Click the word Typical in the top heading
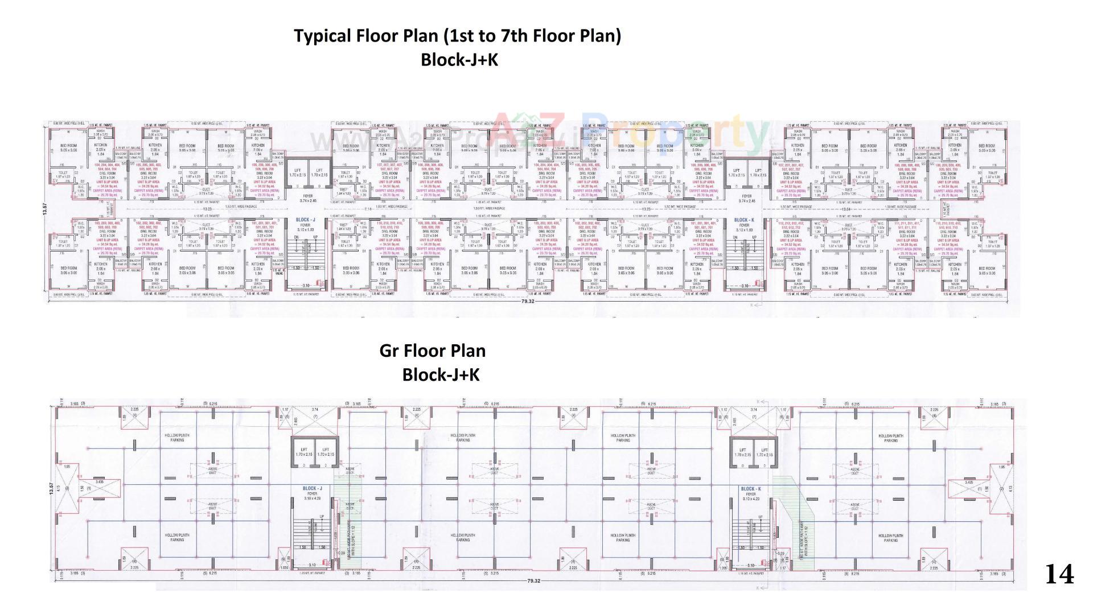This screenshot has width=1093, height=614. (322, 36)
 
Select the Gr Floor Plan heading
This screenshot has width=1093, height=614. (432, 351)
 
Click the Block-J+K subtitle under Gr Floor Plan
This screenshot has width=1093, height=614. (441, 374)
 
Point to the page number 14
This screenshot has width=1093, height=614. (1059, 574)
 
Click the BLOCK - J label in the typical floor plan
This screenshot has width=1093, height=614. (305, 220)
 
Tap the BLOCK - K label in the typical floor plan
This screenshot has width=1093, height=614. (743, 220)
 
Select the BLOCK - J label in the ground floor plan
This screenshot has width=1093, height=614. (312, 488)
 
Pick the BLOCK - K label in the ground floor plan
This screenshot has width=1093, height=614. (750, 488)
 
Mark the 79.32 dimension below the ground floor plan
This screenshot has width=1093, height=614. (533, 581)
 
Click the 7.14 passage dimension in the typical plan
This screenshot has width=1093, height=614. (368, 209)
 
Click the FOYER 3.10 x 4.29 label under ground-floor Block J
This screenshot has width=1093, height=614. (312, 496)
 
